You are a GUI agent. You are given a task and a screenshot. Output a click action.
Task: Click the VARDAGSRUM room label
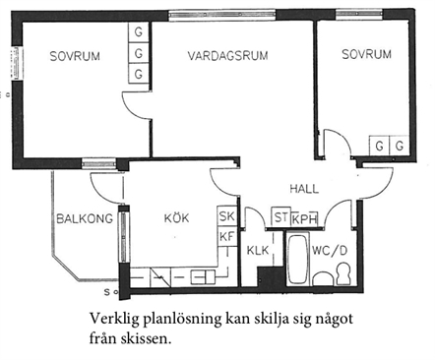227,55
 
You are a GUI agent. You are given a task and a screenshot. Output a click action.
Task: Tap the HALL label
304,189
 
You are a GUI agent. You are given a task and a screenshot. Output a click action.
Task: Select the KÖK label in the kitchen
176,217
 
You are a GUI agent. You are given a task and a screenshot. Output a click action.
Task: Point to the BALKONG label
85,218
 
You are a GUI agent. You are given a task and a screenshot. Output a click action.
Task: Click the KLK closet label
258,251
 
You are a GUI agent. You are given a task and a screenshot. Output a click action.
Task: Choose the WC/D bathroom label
329,251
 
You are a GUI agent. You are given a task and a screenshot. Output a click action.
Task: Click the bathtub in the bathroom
298,259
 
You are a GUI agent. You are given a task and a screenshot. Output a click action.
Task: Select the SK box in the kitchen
226,216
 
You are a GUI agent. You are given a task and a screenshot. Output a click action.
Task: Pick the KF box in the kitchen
226,236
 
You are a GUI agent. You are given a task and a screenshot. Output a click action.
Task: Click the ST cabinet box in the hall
280,216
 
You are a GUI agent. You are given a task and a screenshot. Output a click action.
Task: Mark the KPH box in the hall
304,218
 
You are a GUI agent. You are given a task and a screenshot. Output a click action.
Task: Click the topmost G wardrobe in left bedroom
139,32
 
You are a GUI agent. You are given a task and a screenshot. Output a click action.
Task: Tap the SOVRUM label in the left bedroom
75,56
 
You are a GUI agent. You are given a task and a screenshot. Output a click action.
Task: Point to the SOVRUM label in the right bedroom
366,54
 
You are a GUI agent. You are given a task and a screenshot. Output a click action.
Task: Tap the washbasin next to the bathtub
324,278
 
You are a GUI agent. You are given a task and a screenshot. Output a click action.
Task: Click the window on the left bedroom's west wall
17,64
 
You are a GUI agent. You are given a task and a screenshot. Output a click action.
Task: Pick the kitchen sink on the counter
204,277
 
